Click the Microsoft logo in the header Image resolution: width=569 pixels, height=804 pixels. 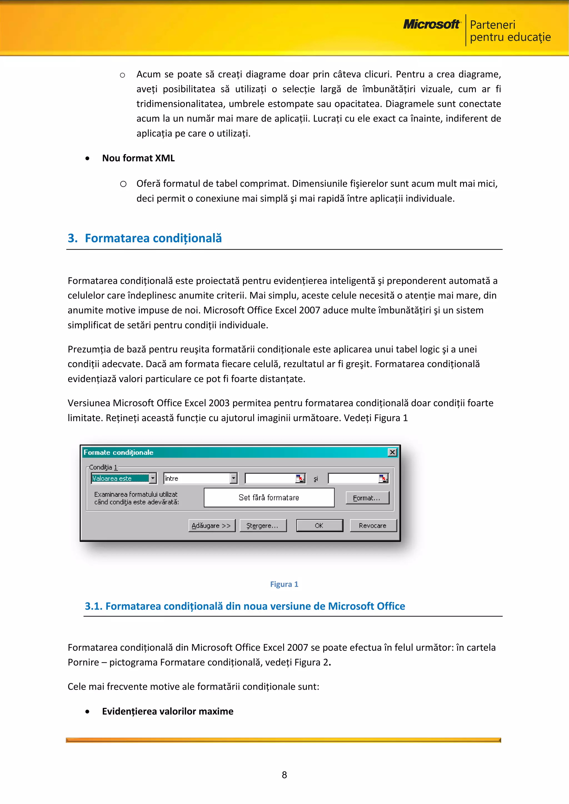[431, 24]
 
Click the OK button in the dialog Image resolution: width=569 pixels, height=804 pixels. [319, 526]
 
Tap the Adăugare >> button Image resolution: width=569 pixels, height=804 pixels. [211, 526]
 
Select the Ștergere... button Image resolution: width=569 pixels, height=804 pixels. [263, 526]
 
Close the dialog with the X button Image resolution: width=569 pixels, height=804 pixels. [392, 453]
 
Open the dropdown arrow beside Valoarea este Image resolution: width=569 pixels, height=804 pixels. [153, 478]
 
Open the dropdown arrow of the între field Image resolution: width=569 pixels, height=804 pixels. [234, 478]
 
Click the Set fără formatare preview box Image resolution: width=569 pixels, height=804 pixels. [269, 498]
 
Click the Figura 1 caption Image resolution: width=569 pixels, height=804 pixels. [284, 584]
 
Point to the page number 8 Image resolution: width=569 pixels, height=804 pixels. [284, 775]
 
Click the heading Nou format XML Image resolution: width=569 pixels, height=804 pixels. [138, 158]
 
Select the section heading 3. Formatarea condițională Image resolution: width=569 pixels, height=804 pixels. [145, 238]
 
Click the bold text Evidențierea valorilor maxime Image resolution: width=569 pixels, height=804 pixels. [168, 711]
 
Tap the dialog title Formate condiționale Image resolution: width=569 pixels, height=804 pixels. [118, 453]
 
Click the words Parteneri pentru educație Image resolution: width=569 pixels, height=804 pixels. [510, 31]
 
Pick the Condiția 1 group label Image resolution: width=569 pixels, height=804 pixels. [103, 467]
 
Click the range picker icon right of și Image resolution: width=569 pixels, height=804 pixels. [383, 478]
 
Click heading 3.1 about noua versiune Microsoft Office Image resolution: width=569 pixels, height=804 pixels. [244, 606]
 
